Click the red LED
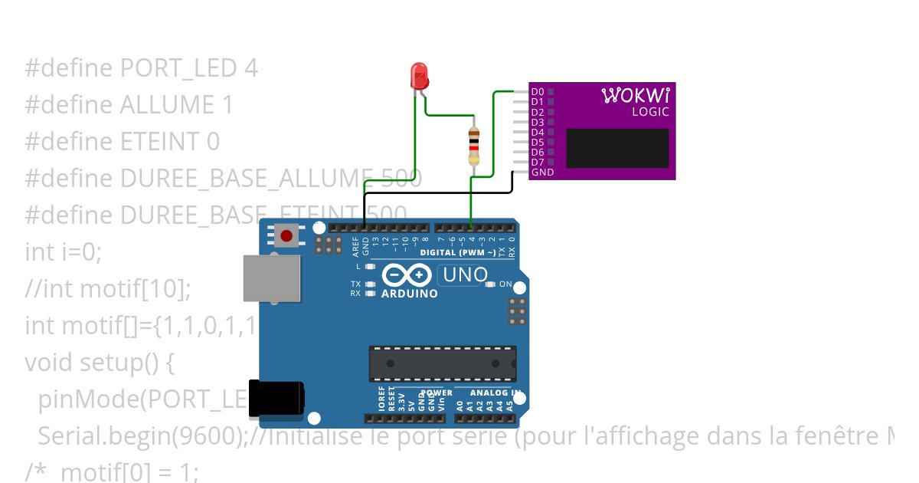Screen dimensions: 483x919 point(420,76)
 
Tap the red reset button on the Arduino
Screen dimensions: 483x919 point(286,235)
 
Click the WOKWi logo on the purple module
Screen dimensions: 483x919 point(636,95)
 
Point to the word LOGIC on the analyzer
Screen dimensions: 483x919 point(650,112)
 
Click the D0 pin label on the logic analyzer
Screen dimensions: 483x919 point(537,92)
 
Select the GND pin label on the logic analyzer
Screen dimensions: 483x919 point(541,172)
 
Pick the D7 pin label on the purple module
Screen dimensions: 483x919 point(537,163)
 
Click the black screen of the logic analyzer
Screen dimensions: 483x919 point(617,148)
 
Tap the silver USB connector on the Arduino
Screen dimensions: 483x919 point(271,278)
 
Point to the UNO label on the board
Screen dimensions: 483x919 point(463,274)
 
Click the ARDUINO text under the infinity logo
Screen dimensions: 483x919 point(409,294)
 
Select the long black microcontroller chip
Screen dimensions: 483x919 point(443,363)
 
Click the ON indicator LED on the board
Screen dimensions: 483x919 point(491,284)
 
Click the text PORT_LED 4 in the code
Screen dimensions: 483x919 point(189,68)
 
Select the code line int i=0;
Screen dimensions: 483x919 point(63,251)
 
